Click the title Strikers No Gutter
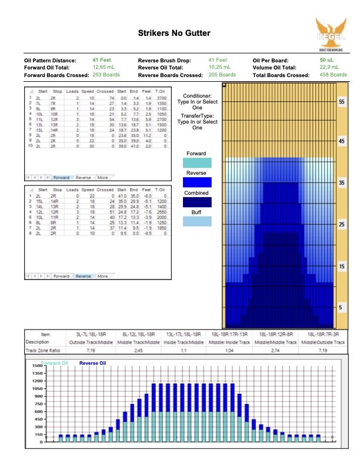click(174, 34)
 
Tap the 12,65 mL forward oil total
click(104, 68)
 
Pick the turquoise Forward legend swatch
click(198, 163)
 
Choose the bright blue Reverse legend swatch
click(198, 182)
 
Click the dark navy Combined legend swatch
click(198, 202)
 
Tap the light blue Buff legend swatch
click(198, 222)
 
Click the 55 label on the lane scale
click(342, 102)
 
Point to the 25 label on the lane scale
click(342, 225)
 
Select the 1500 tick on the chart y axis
click(34, 366)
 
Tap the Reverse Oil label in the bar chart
click(93, 363)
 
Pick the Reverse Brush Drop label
click(166, 60)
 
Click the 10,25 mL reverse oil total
click(221, 68)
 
